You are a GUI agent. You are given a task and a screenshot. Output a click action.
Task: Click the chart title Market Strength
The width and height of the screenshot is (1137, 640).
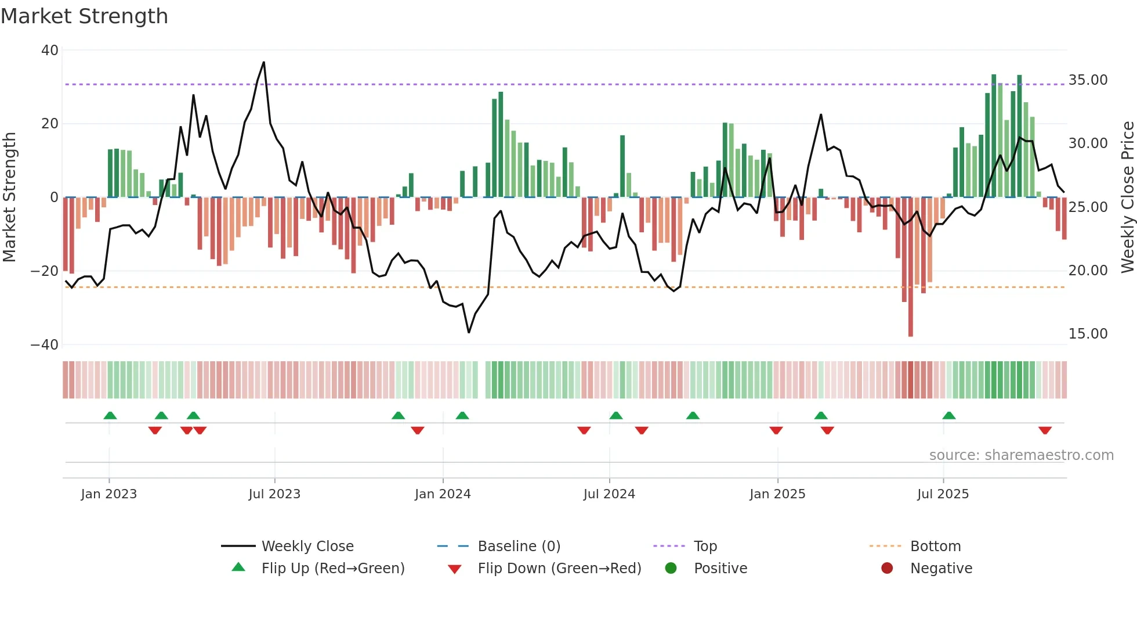coord(84,16)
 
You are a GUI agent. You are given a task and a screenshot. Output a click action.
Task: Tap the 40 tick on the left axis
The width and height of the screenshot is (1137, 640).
coord(50,51)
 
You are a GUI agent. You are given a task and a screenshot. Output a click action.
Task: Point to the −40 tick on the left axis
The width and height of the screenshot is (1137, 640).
coord(45,345)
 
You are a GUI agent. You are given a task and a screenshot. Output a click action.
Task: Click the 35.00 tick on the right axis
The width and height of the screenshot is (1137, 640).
coord(1088,80)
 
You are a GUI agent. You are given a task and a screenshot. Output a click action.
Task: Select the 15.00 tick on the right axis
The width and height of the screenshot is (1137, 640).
coord(1088,334)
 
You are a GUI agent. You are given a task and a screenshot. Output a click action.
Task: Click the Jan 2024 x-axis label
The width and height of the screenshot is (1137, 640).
coord(443,494)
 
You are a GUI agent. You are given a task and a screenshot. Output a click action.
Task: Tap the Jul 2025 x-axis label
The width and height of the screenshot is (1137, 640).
coord(943,494)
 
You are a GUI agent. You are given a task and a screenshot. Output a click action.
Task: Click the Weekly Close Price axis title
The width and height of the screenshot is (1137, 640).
coord(1127,197)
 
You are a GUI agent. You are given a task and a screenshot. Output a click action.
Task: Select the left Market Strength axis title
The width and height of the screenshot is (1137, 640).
coord(10,197)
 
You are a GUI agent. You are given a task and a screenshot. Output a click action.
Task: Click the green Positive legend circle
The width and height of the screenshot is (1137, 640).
coord(671,569)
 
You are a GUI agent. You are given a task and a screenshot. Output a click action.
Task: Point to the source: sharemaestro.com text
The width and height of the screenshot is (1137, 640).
coord(1021,455)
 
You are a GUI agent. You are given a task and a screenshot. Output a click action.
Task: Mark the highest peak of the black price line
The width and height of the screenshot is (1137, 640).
coord(264,63)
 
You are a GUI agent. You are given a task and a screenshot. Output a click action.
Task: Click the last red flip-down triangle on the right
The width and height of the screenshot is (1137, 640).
coord(1045,430)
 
